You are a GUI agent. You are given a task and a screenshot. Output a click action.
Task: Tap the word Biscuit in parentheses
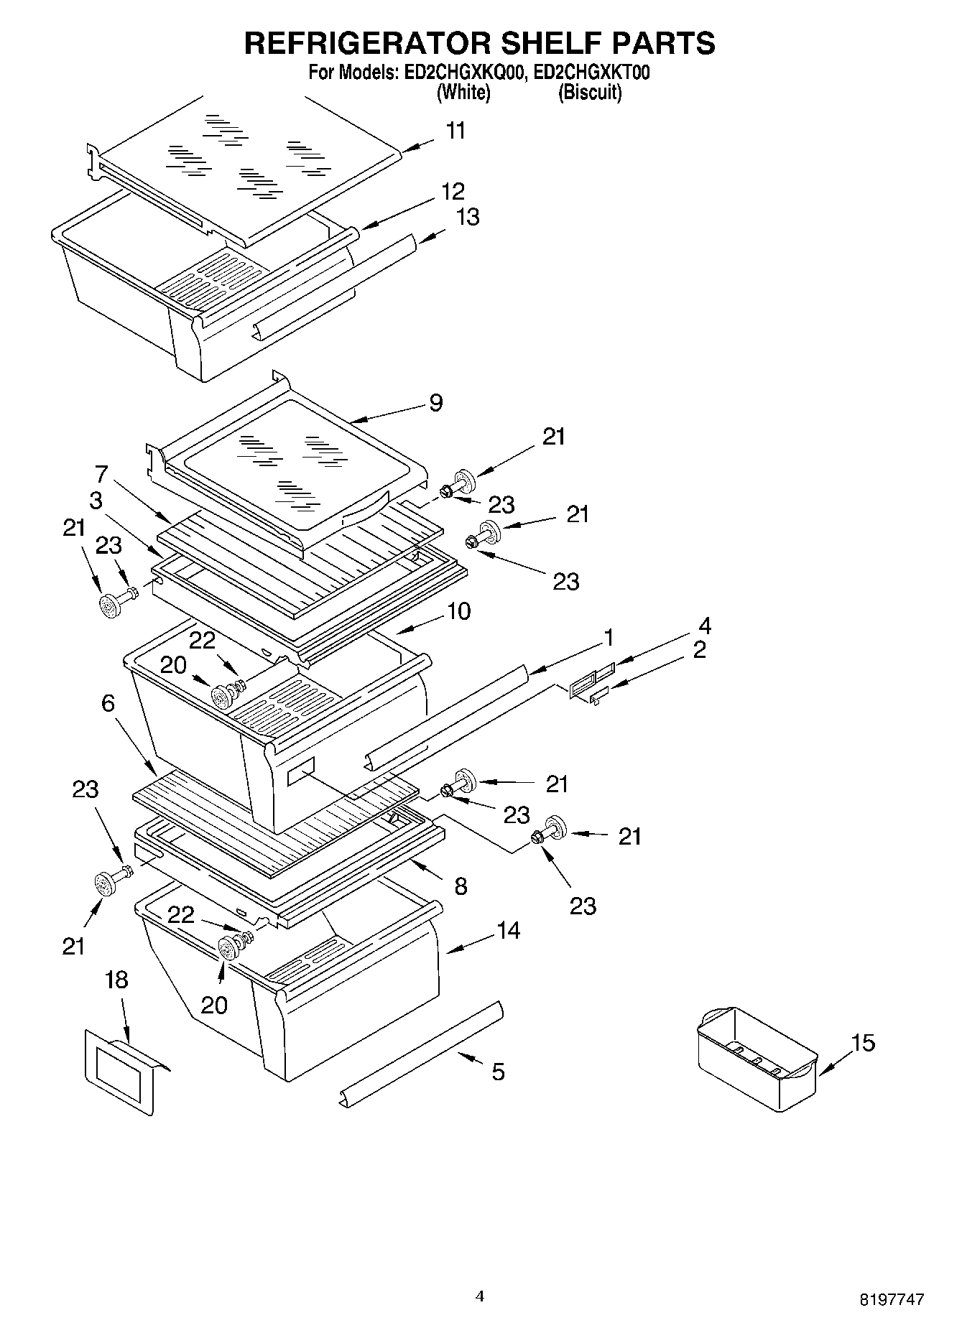pos(590,92)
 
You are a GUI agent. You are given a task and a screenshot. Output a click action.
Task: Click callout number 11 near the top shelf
pos(455,131)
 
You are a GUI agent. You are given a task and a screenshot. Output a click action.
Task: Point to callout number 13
pos(468,217)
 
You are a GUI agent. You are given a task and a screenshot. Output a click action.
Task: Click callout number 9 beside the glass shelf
pos(435,403)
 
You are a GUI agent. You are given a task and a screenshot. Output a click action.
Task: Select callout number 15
pos(863,1042)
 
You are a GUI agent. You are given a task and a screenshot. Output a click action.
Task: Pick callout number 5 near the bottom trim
pos(498,1072)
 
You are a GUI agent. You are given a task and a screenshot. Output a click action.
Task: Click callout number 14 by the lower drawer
pos(508,931)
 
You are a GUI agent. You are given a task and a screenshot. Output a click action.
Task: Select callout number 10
pos(458,611)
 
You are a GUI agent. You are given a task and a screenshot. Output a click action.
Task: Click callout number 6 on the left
pos(108,702)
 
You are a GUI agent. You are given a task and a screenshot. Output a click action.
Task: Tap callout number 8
pos(461,886)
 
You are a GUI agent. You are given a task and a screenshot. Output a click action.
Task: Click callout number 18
pos(116,980)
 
